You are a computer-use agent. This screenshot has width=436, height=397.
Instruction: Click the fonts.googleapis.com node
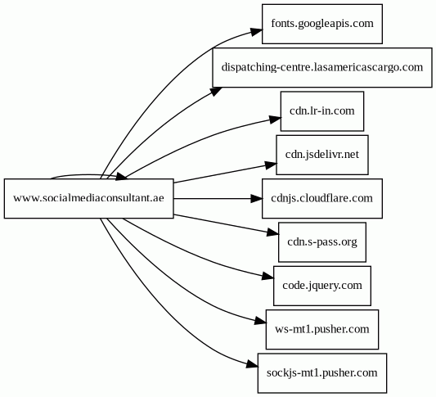pos(322,24)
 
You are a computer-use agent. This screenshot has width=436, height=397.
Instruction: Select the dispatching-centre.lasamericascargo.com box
pos(322,68)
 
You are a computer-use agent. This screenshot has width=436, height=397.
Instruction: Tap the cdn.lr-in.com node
pos(322,111)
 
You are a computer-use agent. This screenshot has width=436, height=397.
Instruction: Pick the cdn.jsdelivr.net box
pos(322,155)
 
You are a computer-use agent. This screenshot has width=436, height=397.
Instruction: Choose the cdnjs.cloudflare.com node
pos(322,199)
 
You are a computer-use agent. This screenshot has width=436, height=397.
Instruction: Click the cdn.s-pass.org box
pos(322,242)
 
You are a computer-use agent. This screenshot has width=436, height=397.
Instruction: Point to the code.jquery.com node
pos(322,286)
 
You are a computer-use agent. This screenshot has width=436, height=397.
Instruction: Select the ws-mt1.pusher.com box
pos(322,330)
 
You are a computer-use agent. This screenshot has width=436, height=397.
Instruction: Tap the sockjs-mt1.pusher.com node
pos(322,373)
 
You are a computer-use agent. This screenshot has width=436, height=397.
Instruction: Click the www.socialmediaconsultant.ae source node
pos(88,199)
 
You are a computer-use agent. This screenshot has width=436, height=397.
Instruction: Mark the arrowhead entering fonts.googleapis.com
pos(256,31)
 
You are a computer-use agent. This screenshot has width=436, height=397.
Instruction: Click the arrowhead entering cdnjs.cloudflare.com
pos(256,199)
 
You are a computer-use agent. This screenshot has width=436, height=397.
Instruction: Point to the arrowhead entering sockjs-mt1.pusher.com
pos(252,364)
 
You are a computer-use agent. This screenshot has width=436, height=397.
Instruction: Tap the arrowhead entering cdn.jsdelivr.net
pos(271,165)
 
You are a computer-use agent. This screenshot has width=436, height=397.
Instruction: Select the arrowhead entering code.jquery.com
pos(267,276)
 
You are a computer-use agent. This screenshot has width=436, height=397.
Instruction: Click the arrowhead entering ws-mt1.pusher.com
pos(260,321)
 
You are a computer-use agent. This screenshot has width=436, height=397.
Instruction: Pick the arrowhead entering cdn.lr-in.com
pos(275,119)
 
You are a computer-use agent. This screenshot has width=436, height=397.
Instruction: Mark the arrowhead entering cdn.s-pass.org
pos(272,232)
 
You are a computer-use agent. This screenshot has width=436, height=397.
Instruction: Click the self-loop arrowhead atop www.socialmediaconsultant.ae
pos(121,176)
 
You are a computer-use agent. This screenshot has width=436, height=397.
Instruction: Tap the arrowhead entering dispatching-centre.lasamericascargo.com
pos(216,91)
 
